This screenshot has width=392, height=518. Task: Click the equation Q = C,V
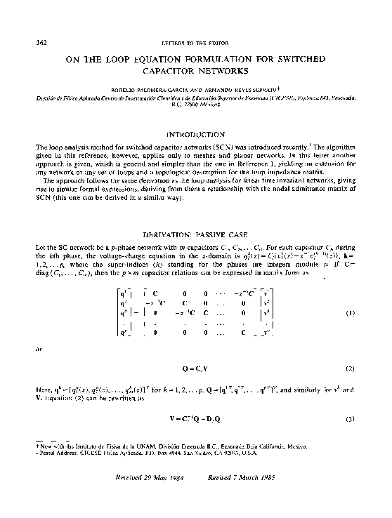point(196,367)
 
